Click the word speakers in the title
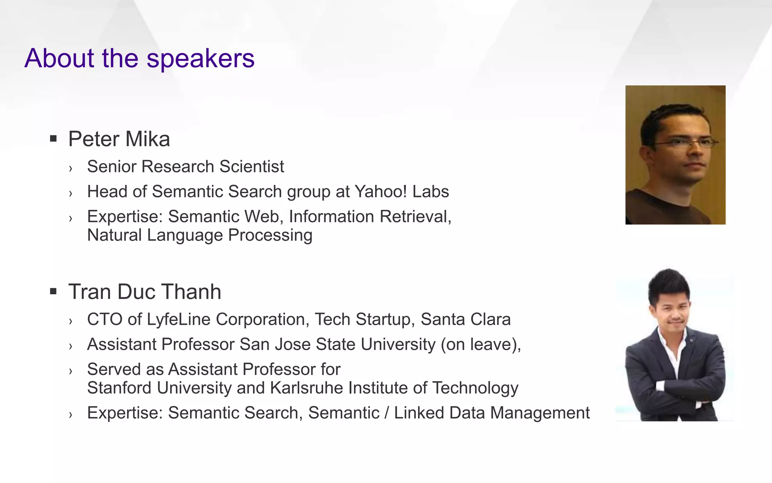(x=200, y=59)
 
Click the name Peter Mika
(x=119, y=139)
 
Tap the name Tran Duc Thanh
(x=144, y=292)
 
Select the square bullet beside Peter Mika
(x=53, y=139)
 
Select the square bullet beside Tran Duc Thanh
(x=53, y=291)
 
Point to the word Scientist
(x=251, y=167)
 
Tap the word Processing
(x=270, y=235)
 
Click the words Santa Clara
(x=466, y=320)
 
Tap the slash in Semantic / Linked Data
(x=386, y=413)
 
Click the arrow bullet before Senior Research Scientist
(x=70, y=168)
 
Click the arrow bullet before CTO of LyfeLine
(x=70, y=321)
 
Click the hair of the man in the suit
(x=669, y=283)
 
